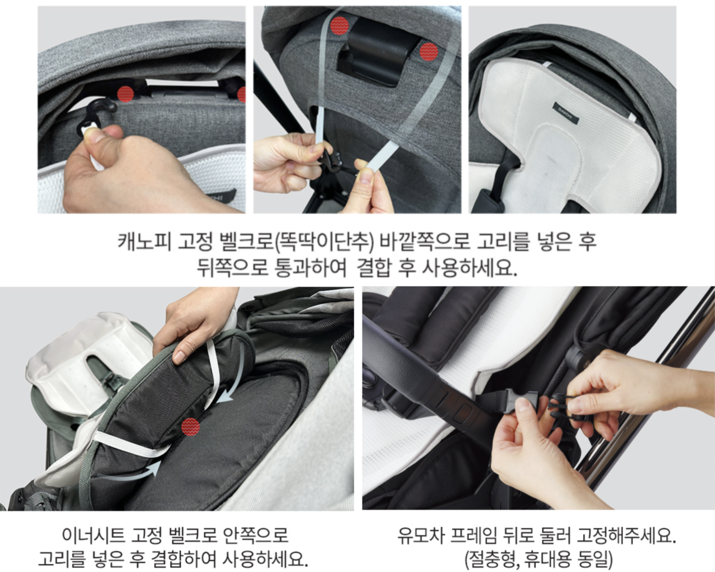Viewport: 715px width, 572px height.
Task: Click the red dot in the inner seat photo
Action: point(190,426)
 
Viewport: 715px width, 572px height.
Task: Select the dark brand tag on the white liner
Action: point(565,113)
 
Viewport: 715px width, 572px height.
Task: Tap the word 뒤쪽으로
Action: point(233,267)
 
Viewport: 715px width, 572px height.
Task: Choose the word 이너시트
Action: point(93,536)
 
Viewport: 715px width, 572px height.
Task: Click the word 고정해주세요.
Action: point(626,536)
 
